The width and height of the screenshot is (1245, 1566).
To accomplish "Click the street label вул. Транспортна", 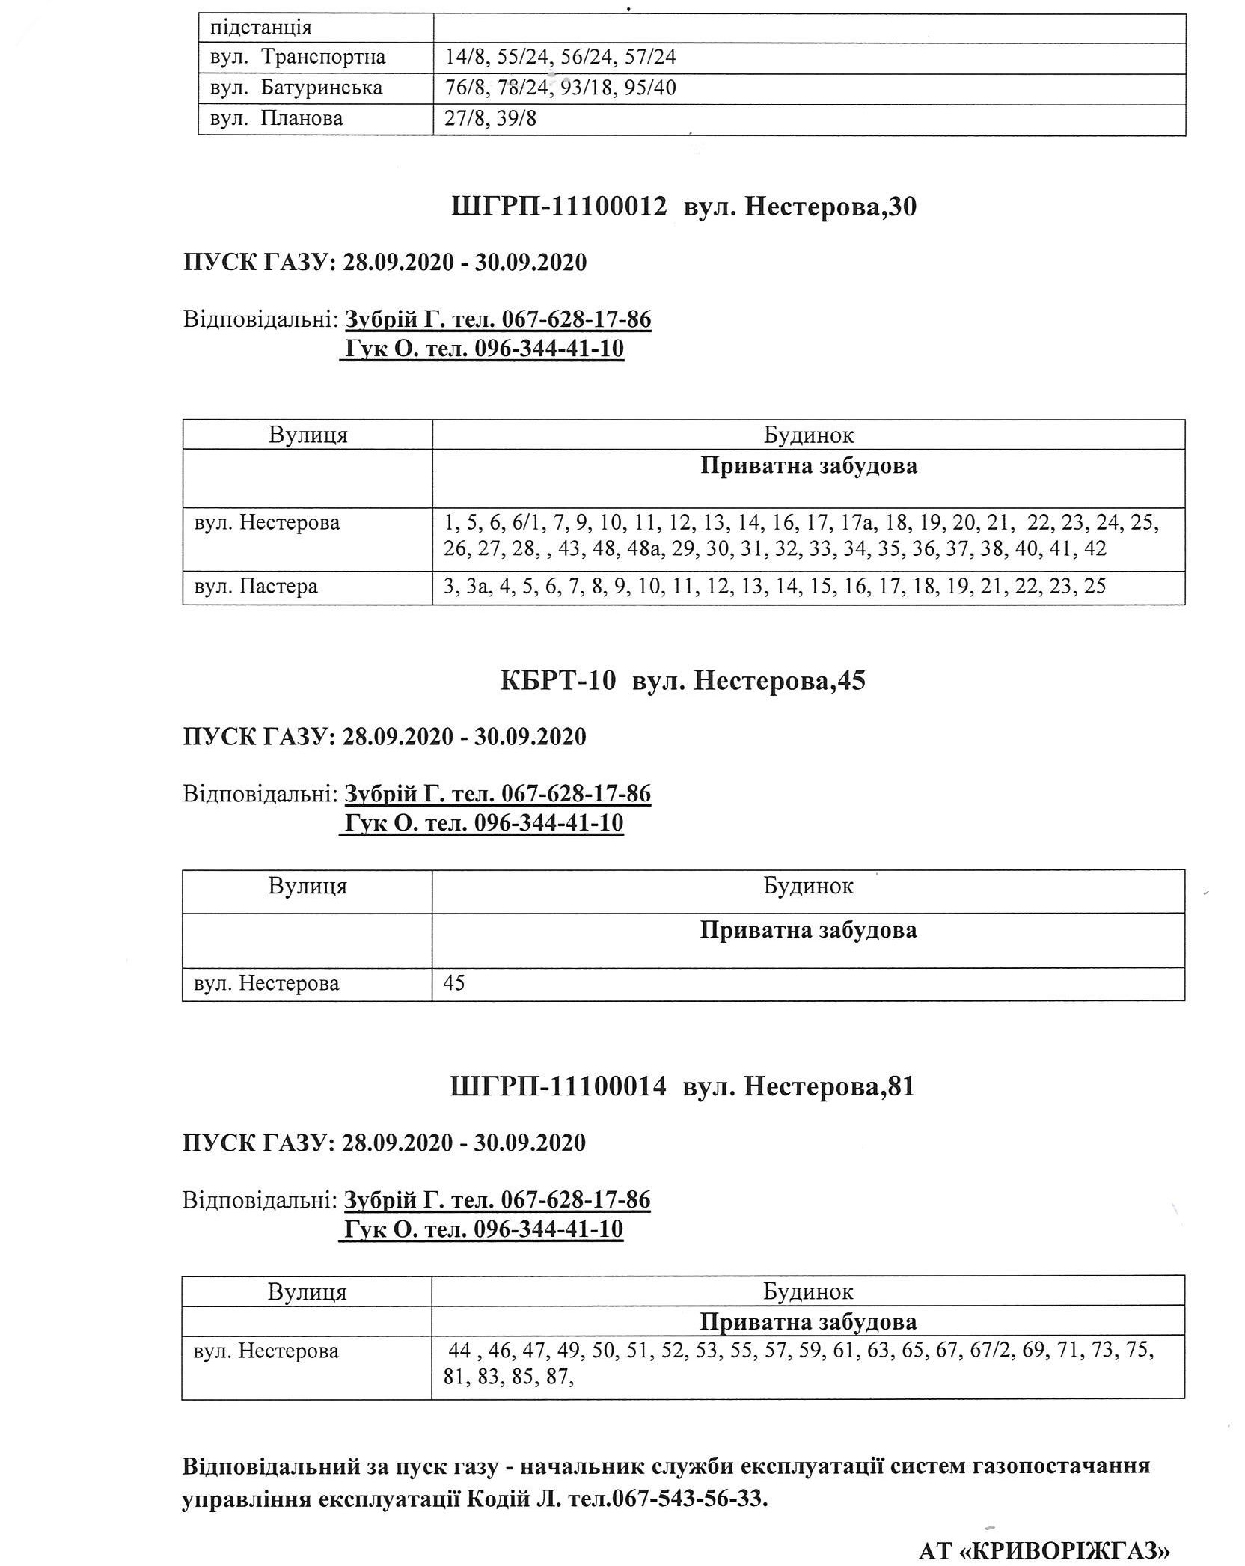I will (297, 57).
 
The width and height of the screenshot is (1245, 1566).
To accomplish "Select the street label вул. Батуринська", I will (296, 88).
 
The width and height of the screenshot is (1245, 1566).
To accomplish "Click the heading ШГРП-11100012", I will (559, 207).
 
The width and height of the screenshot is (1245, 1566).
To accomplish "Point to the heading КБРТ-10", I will (558, 681).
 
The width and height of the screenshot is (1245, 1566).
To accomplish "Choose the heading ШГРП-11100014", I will (558, 1086).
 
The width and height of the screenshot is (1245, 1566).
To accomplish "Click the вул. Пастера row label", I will (255, 586).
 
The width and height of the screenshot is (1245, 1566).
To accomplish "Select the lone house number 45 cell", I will (454, 982).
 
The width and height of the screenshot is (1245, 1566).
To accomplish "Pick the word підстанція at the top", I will (260, 28).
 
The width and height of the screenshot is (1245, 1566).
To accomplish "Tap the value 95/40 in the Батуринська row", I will (654, 88).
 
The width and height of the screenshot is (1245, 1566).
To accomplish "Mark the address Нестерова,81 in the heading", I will (829, 1086).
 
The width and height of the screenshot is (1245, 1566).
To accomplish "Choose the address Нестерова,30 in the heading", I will (830, 207).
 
